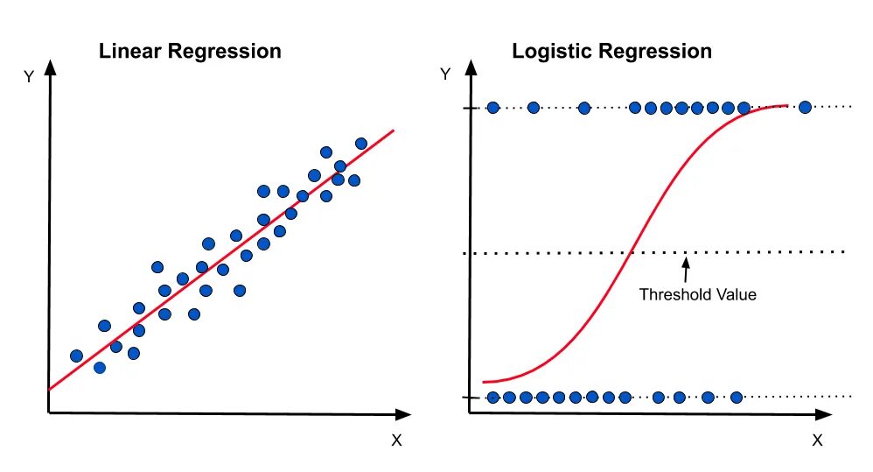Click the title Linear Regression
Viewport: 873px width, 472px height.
coord(190,51)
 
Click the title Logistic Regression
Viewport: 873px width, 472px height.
coord(611,51)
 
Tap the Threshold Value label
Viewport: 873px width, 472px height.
coord(697,294)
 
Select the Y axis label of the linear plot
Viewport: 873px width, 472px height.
coord(29,76)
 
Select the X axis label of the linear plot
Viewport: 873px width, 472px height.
coord(396,440)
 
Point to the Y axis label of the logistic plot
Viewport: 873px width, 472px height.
coord(446,74)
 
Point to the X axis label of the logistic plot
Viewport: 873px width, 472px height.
coord(817,440)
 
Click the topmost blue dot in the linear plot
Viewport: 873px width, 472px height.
coord(360,143)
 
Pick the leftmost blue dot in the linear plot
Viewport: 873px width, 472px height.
coord(76,356)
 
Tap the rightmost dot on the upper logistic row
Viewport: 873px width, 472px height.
coord(805,108)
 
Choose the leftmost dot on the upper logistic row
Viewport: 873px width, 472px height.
coord(492,108)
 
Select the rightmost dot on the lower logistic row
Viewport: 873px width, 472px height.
coord(736,398)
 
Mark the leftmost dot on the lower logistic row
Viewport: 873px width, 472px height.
coord(492,398)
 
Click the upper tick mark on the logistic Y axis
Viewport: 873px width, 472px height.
coord(470,108)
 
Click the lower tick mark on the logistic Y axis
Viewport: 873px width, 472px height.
coord(470,398)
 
